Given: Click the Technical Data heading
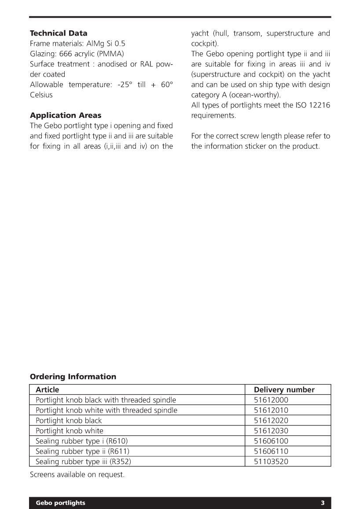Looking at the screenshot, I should click(59, 33).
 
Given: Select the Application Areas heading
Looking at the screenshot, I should click(66, 115).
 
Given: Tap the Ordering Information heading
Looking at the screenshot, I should click(73, 377).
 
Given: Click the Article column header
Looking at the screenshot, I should click(47, 390).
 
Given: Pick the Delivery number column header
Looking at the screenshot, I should click(284, 390).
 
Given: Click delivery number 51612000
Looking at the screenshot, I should click(271, 400).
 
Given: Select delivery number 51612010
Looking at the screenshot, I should click(271, 410).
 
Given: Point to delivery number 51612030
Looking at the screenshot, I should click(271, 431).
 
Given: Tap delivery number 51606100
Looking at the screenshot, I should click(271, 441).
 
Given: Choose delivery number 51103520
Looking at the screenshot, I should click(271, 461).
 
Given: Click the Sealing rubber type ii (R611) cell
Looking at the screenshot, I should click(83, 451).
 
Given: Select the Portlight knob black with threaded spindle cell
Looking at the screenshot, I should click(106, 400).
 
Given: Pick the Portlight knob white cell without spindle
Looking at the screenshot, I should click(70, 431).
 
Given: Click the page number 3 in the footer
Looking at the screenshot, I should click(323, 503).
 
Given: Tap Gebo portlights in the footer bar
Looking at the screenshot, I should click(61, 503).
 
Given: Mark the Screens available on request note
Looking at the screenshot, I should click(77, 475).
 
